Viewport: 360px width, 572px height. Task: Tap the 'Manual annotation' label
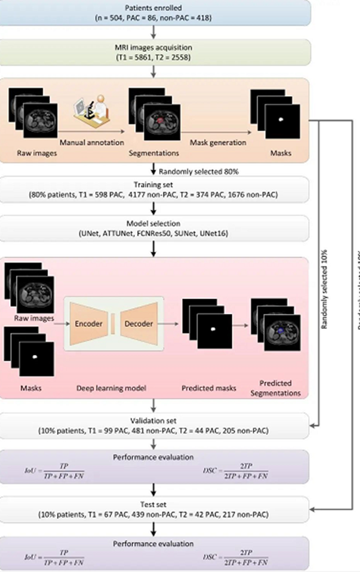(x=92, y=142)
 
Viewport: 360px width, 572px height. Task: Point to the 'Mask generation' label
(x=217, y=142)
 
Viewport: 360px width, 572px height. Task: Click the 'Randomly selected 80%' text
(x=193, y=170)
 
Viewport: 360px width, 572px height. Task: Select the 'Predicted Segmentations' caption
(x=276, y=388)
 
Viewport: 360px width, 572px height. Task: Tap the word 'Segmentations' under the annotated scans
(x=154, y=152)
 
